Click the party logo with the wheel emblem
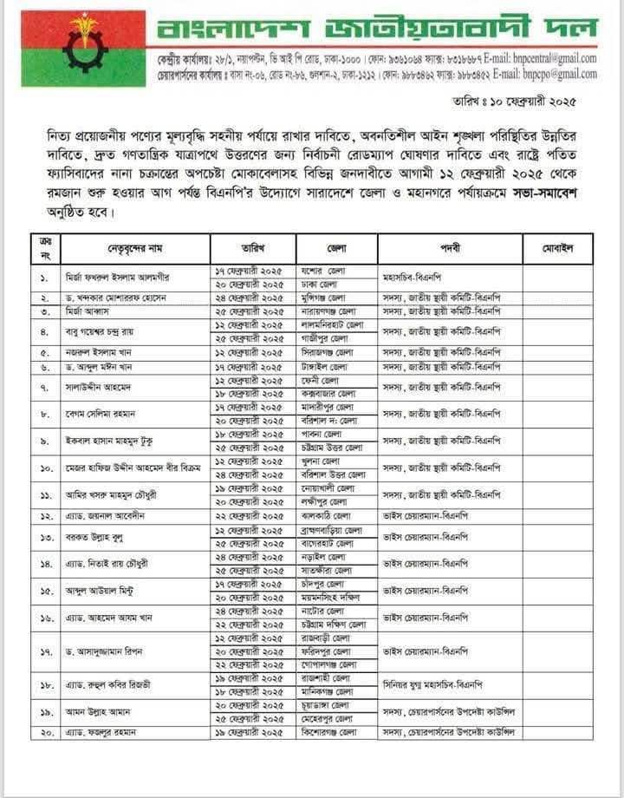[72, 49]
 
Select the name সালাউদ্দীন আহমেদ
[102, 386]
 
